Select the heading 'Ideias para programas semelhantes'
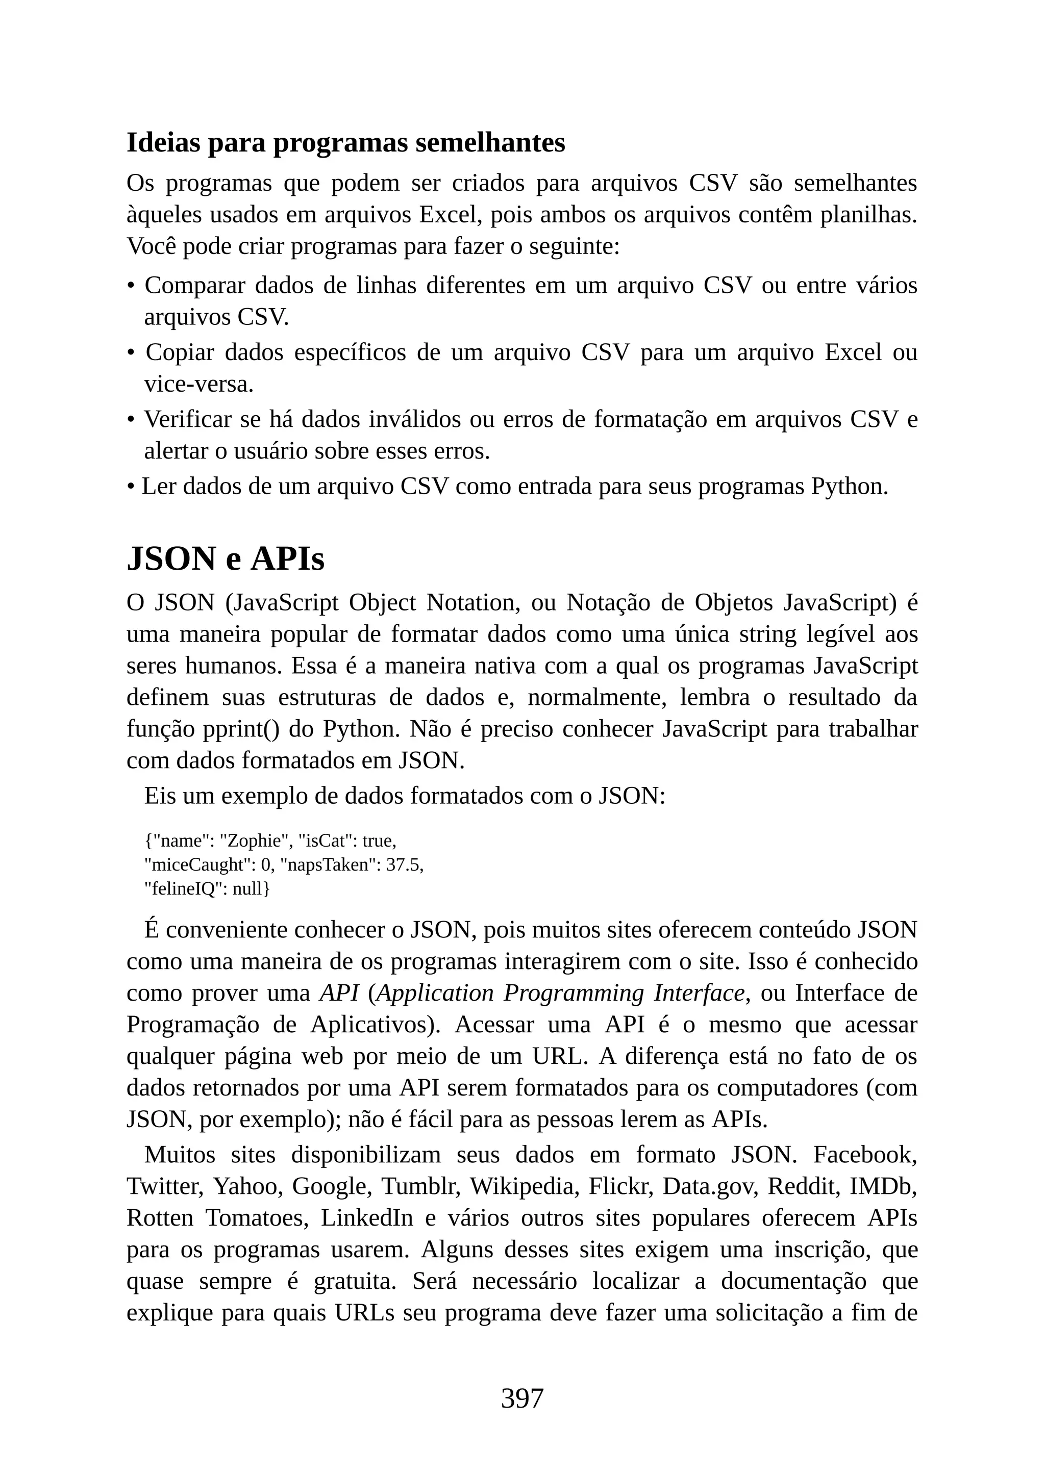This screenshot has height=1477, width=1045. (345, 142)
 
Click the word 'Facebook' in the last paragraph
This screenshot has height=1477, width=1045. (865, 1154)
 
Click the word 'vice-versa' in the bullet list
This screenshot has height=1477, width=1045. (197, 384)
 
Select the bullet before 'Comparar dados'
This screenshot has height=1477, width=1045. (131, 286)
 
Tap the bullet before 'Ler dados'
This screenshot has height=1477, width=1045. (131, 487)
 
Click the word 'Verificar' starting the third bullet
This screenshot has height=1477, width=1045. (188, 419)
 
